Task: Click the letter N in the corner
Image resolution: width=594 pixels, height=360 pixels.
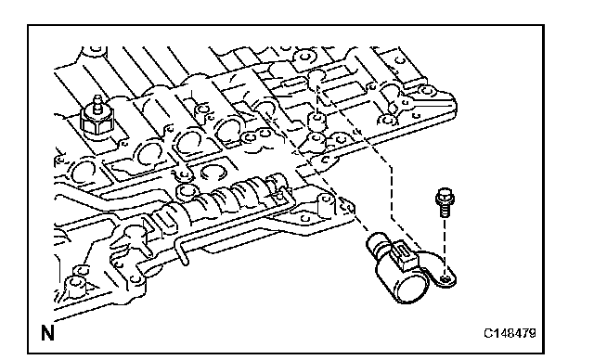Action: tap(47, 333)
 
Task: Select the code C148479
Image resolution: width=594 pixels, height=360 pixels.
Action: tap(510, 333)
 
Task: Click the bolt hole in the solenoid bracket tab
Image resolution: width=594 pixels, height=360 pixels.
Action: tap(446, 280)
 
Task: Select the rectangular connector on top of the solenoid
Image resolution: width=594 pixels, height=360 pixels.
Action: tap(405, 256)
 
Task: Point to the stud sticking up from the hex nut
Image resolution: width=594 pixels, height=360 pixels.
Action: tap(97, 102)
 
